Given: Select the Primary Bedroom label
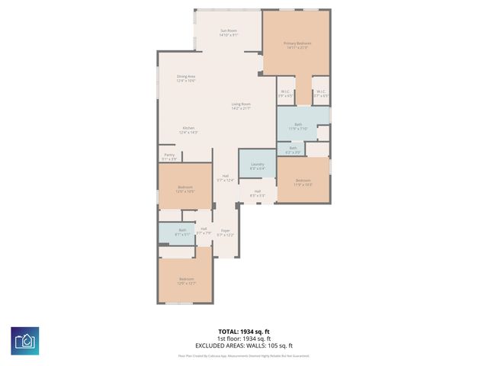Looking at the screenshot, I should [296, 45].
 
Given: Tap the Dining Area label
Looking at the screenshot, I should [186, 78].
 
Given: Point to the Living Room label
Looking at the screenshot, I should [242, 106].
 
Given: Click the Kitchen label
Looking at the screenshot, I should [188, 130].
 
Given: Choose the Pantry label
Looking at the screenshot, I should [169, 156].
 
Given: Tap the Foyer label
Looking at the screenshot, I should [225, 233].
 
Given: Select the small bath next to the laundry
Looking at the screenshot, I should [293, 150].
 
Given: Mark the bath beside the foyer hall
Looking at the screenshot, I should [182, 233].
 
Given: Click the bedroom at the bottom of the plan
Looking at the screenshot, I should [185, 280].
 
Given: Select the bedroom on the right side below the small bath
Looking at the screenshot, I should [303, 181].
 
